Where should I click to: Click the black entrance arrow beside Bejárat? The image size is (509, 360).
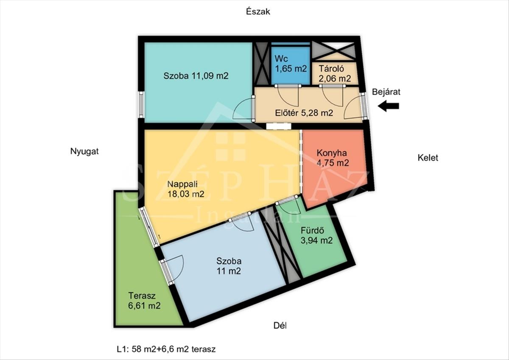point(389,106)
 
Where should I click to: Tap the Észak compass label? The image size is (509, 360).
point(258,11)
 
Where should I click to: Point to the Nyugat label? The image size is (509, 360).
point(84,151)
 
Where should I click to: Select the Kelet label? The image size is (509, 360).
point(428,158)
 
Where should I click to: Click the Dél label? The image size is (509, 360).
point(280,326)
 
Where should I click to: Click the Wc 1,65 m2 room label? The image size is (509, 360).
point(291,63)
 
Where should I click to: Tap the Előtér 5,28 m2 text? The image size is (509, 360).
point(304,113)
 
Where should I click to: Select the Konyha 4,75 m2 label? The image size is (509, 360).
point(333,158)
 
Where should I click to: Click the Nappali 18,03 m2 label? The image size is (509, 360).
point(186,189)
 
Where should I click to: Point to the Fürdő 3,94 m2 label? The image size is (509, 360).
point(316,235)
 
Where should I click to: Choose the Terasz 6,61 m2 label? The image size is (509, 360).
point(144,301)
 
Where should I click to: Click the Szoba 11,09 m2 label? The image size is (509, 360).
point(196,75)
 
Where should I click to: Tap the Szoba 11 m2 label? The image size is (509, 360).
point(229,266)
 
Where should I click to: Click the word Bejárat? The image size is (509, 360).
point(386,92)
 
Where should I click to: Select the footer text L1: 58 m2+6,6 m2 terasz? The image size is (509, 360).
point(166,349)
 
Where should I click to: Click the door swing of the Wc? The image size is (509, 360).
point(287,97)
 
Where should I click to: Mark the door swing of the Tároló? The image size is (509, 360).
point(332,97)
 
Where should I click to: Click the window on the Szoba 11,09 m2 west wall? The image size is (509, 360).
point(141,104)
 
